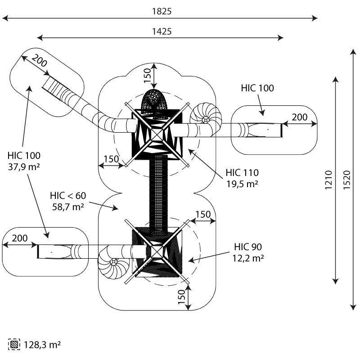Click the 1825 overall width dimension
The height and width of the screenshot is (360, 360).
point(162,11)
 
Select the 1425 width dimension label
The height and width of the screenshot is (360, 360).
point(162,31)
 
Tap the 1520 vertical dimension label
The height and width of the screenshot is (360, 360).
point(346,180)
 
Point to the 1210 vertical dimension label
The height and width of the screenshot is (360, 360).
point(328,180)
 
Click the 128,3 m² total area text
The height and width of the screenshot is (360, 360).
point(42,345)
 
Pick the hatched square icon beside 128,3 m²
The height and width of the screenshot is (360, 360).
point(14,344)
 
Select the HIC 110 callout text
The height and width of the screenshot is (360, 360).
point(242,173)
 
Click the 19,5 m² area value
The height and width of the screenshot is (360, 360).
point(242,184)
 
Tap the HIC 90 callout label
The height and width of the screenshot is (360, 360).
point(248,247)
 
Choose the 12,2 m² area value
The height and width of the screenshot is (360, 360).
point(248,258)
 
